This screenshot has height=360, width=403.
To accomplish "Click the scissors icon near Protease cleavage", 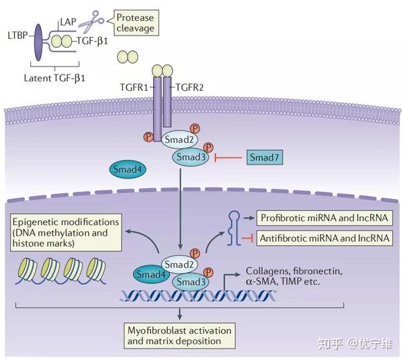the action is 91,21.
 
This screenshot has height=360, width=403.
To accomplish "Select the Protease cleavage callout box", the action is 136,23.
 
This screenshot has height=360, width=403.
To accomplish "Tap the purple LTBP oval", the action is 38,42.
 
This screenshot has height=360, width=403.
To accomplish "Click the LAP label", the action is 69,21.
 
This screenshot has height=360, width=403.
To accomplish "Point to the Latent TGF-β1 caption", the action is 54,78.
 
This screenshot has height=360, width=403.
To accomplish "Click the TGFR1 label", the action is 134,87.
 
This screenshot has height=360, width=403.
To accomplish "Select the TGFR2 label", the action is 189,87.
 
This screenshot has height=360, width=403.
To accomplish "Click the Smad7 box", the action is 265,157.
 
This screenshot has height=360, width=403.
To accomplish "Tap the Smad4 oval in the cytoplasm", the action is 128,169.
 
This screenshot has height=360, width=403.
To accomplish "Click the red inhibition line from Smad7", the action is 228,157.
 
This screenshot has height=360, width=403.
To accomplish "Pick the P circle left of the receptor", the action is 148,136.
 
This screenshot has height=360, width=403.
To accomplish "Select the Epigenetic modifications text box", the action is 66,232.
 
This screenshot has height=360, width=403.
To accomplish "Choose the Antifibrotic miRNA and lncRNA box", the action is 324,238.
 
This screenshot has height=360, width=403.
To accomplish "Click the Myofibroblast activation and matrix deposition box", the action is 179,336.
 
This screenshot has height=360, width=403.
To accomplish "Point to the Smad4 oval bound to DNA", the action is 151,275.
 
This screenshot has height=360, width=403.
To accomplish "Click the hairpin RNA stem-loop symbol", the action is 234,228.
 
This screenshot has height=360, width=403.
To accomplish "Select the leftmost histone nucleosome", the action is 27,270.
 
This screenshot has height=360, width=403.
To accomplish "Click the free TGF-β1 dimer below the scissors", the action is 128,57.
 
